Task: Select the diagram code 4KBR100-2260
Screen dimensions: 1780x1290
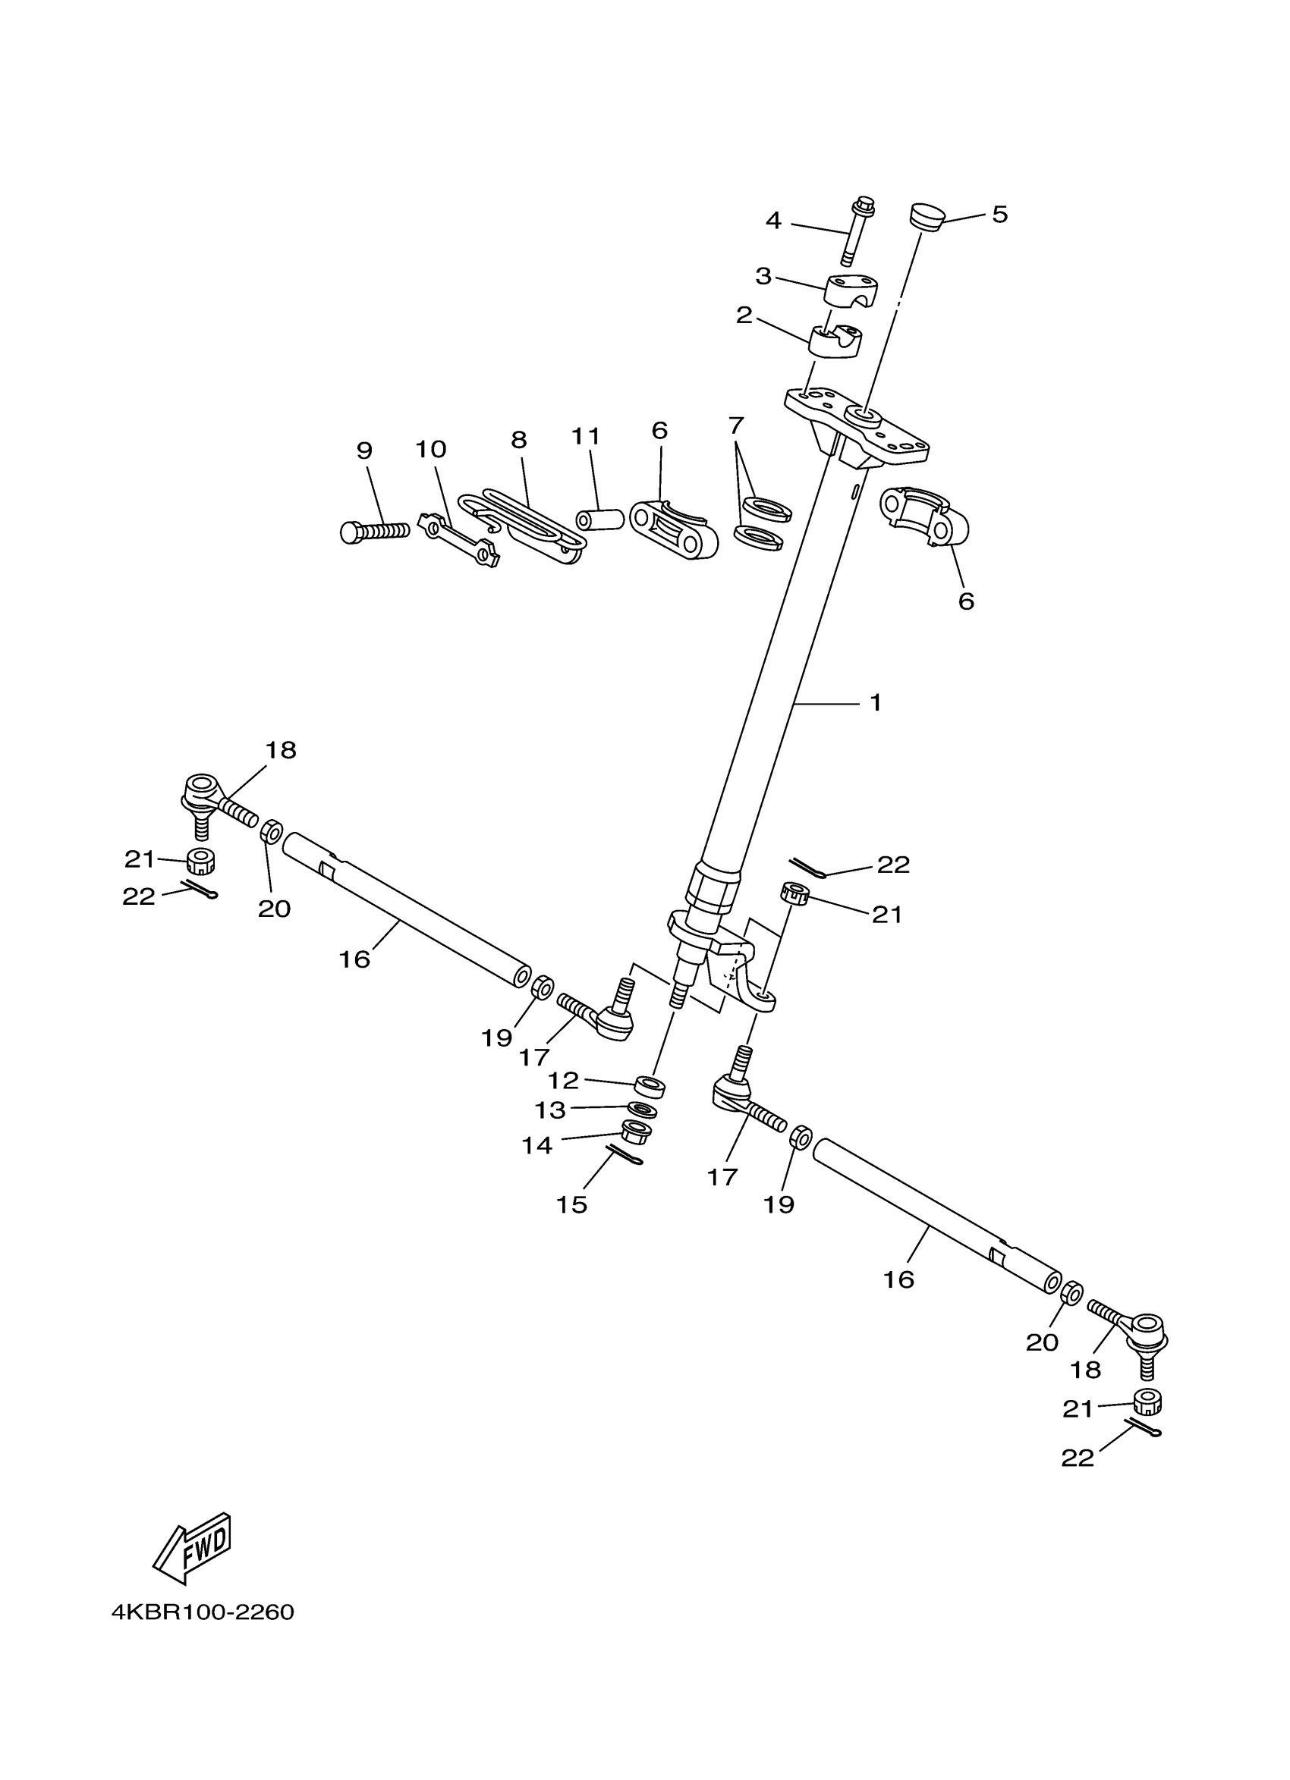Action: coord(203,1612)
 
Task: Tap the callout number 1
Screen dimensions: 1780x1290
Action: coord(876,702)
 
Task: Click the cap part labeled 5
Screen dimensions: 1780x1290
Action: coord(927,217)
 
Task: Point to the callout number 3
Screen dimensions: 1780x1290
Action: coord(763,276)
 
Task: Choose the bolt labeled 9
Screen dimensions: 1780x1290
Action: coord(375,532)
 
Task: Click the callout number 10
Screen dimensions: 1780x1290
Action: coord(430,450)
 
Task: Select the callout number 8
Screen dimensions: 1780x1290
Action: coord(519,441)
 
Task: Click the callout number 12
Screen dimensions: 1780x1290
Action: coord(563,1081)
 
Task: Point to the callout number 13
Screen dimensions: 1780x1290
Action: coord(550,1110)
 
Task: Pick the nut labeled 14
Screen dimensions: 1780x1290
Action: coord(635,1132)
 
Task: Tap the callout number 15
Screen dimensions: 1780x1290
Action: coord(571,1204)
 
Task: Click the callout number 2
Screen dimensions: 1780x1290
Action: coord(744,316)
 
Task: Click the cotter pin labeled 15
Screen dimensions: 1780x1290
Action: coord(625,1154)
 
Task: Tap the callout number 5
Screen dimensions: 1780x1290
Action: coord(999,215)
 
